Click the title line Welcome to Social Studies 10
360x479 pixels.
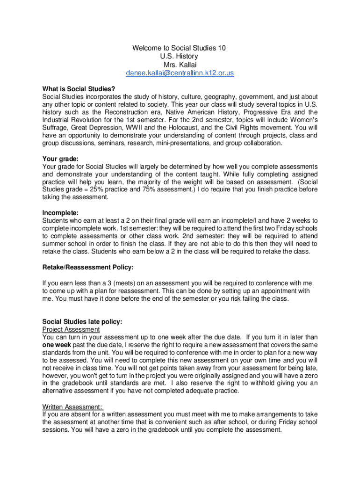(x=180, y=48)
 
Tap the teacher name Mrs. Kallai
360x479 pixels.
(x=180, y=65)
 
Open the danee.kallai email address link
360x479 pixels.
(x=180, y=73)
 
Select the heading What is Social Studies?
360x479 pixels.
(x=79, y=89)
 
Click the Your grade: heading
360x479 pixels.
(x=60, y=159)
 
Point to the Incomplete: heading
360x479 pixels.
(x=60, y=213)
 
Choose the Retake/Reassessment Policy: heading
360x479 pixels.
(x=88, y=267)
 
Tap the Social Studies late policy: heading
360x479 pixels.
(x=82, y=321)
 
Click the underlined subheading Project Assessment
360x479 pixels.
(x=71, y=329)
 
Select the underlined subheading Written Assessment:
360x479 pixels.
(x=72, y=406)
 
